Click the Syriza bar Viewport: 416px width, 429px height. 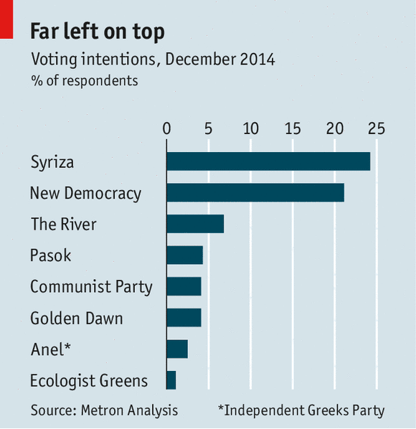tap(268, 161)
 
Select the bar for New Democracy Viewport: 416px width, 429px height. tap(255, 192)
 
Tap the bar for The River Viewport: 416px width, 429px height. tap(195, 224)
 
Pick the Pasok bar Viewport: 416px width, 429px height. tap(185, 255)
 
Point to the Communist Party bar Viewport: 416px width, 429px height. tap(184, 286)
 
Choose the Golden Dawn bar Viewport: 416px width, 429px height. tap(184, 318)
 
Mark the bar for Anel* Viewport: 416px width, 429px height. tap(177, 349)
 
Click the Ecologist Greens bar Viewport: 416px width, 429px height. tap(171, 380)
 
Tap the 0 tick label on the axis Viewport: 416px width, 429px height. tap(166, 128)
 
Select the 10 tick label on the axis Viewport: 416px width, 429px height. tap(251, 128)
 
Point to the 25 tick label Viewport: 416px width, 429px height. tap(377, 128)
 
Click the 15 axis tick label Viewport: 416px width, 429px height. tap(293, 128)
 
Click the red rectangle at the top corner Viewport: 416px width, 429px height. tap(6, 19)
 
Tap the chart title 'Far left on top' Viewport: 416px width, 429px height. tap(98, 32)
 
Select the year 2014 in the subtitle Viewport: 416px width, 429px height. tap(257, 60)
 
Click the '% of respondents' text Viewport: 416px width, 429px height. tap(85, 81)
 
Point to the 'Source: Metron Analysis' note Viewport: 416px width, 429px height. tap(104, 410)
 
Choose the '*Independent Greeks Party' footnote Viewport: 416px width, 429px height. tap(301, 411)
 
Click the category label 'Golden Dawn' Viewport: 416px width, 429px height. tap(77, 319)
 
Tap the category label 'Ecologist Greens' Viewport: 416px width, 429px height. tap(89, 381)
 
